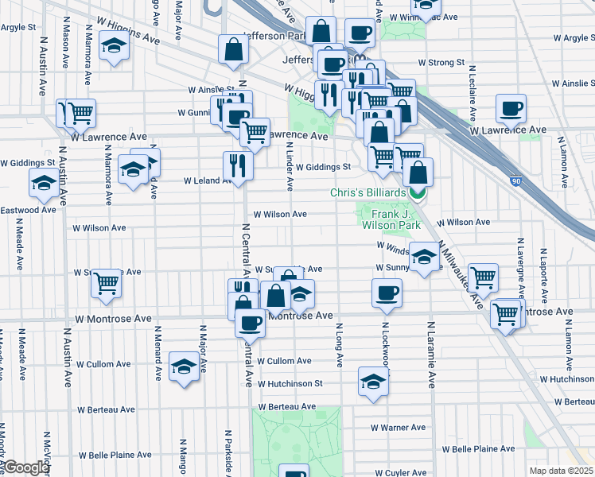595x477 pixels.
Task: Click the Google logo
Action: coord(26,467)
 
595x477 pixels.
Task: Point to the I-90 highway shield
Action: coord(518,180)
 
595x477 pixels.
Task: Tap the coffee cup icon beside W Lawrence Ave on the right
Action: coord(510,108)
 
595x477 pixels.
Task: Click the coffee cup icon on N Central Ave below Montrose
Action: coord(250,323)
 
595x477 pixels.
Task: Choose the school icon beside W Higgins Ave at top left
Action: coord(115,48)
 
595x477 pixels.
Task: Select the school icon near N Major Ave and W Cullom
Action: coord(184,366)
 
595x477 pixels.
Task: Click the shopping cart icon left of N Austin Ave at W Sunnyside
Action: coord(106,283)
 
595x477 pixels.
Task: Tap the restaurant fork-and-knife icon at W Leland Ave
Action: coord(238,165)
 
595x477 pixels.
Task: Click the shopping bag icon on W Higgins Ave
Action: coord(234,49)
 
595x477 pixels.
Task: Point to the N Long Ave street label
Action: coord(340,345)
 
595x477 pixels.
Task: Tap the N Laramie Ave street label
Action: coord(432,354)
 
